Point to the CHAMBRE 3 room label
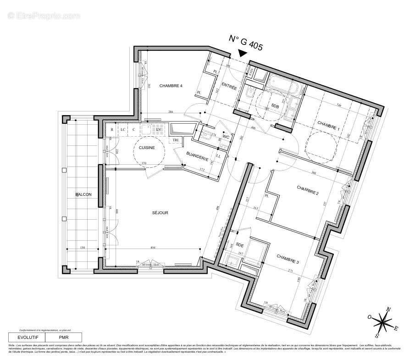[x=287, y=261]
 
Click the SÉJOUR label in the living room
[x=161, y=213]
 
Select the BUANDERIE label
[x=198, y=157]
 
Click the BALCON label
[x=84, y=194]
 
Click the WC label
[x=226, y=137]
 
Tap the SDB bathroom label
[x=275, y=106]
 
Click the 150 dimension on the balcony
[x=82, y=248]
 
